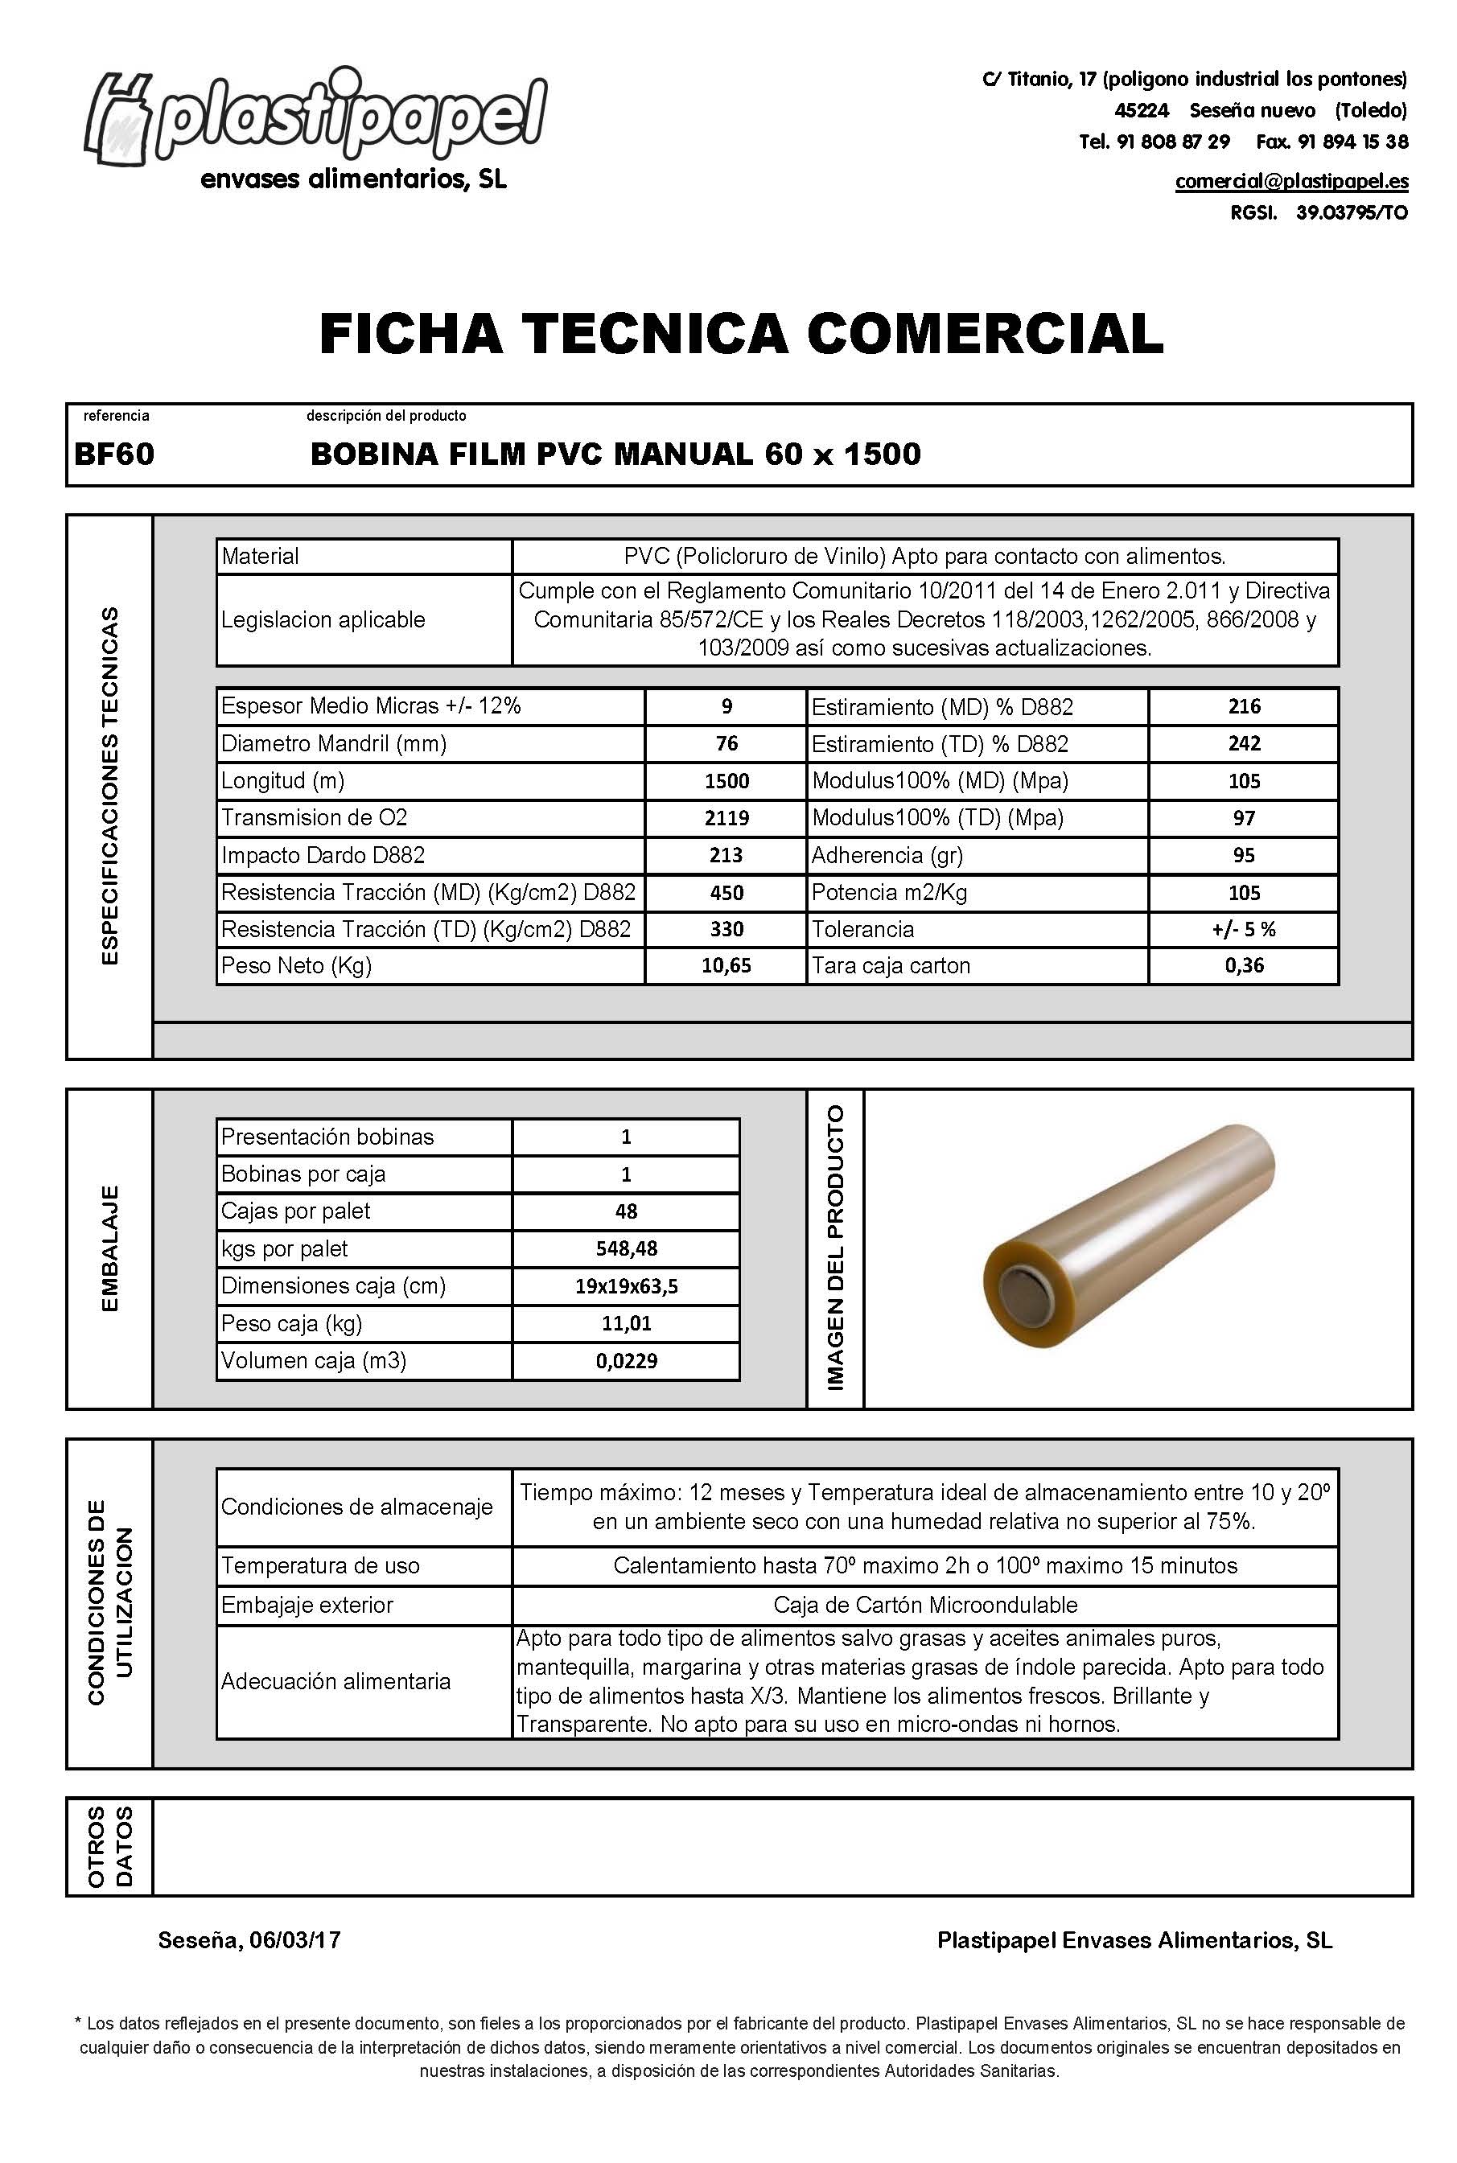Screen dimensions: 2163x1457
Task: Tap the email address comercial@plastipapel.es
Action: [1290, 181]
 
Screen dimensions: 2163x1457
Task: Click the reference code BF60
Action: [114, 454]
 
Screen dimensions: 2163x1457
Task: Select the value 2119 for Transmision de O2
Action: [726, 817]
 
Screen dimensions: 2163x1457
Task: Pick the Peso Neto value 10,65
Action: [726, 965]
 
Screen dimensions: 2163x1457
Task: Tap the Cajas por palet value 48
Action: [625, 1211]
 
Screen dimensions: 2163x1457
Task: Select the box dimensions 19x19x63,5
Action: [625, 1286]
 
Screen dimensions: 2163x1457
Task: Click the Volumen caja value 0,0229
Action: [625, 1361]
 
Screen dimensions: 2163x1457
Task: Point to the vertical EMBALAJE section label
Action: [109, 1248]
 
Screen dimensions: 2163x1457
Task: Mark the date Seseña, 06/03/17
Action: [249, 1940]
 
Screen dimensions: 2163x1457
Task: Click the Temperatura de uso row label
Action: [319, 1565]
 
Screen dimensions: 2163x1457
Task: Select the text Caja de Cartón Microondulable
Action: [924, 1605]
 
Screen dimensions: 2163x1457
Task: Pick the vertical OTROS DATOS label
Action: [109, 1846]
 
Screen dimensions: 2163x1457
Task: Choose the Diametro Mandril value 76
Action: [726, 743]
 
